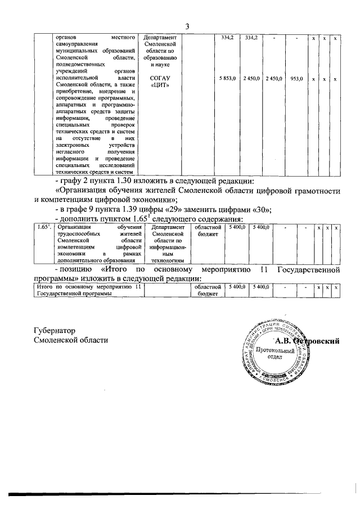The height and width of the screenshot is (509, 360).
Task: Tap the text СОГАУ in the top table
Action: pos(160,79)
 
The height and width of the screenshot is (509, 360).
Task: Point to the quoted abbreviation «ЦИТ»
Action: pos(160,85)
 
